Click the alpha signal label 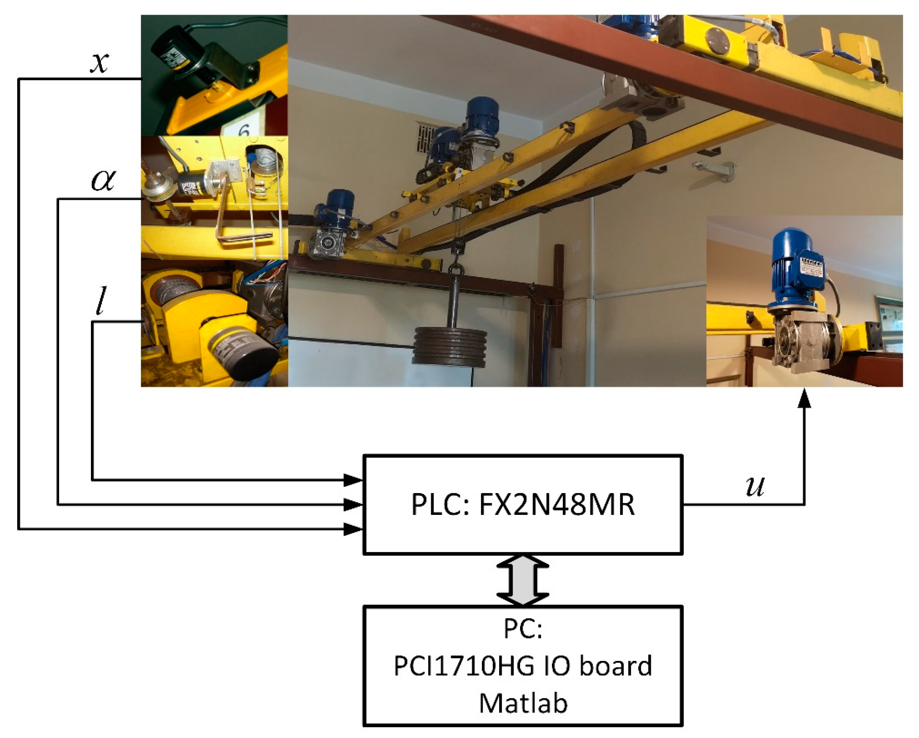103,180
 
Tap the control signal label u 755,486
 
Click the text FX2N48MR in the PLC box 557,505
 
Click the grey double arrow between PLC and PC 523,580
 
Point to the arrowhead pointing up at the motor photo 804,398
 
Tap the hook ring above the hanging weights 456,270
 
